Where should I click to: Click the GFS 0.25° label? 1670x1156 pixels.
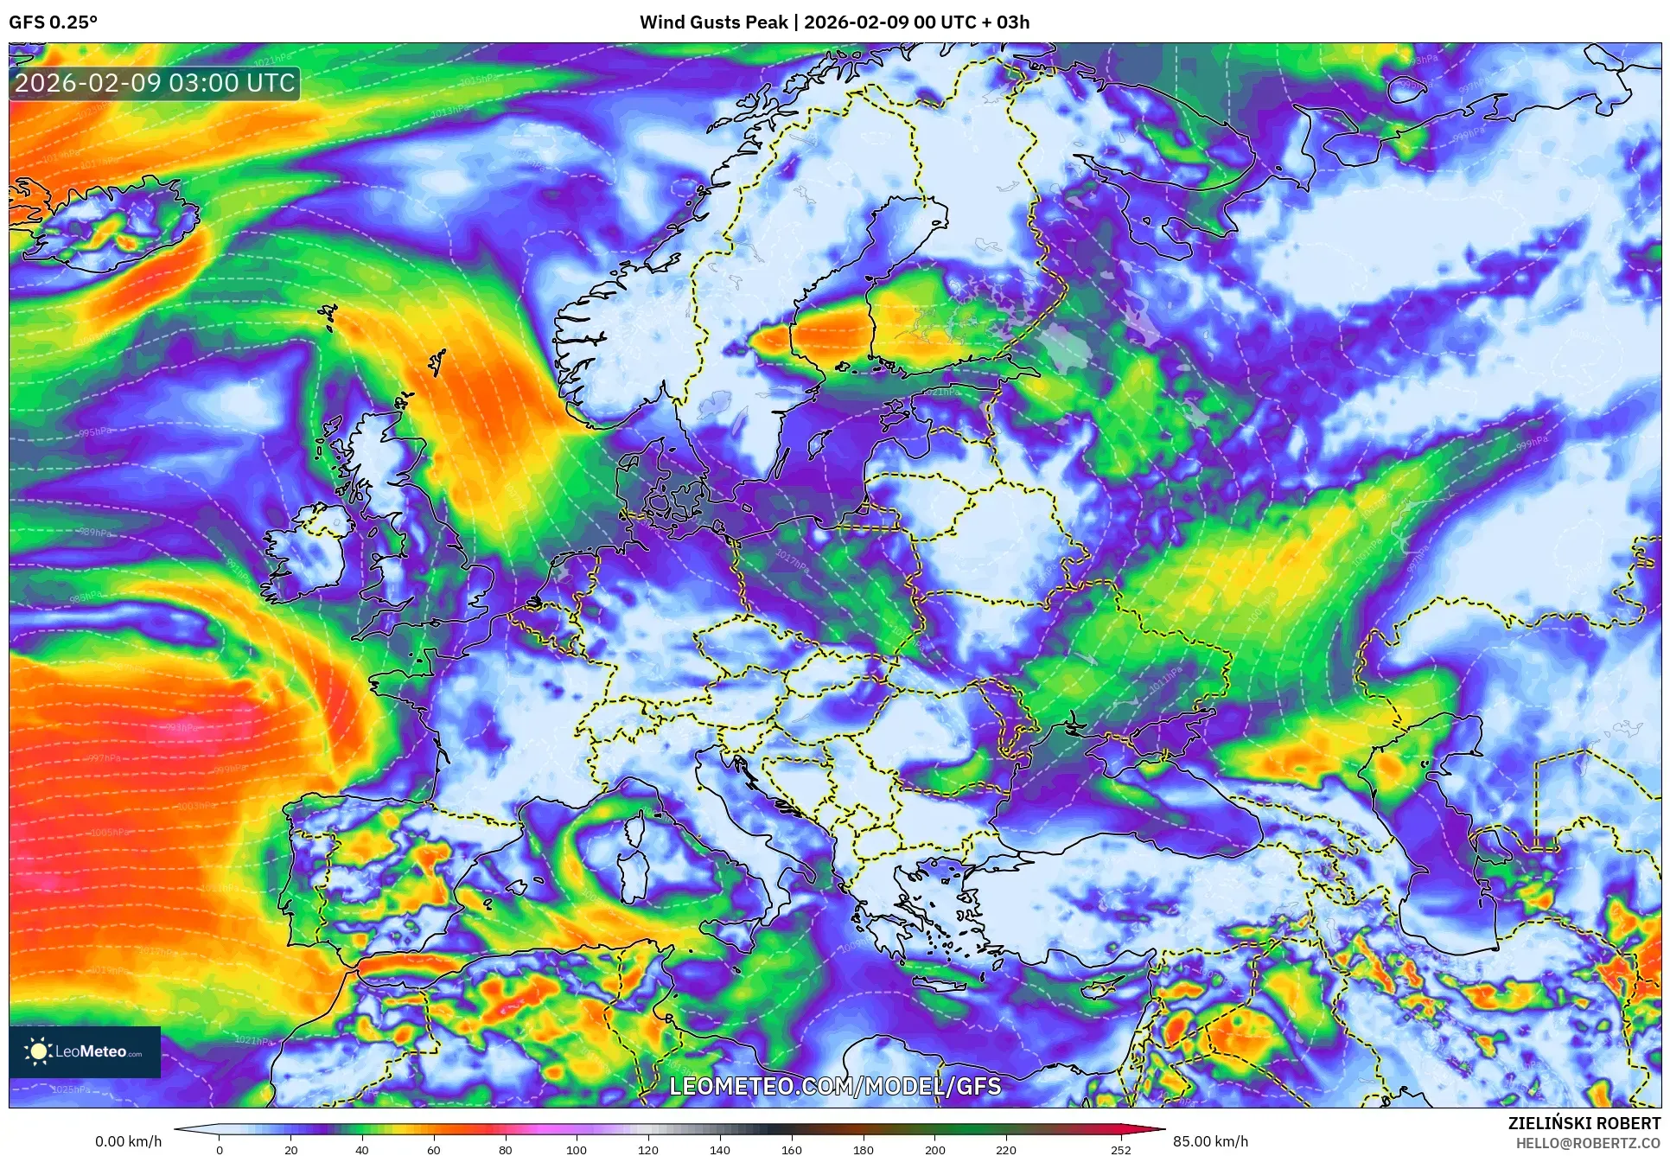click(x=53, y=22)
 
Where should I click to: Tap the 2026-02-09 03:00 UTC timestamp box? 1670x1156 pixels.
click(x=155, y=84)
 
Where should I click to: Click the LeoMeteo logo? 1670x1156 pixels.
click(x=85, y=1051)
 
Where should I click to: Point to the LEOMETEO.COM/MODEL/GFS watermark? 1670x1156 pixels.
click(x=835, y=1086)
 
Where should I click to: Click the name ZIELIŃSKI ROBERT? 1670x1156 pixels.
click(x=1584, y=1123)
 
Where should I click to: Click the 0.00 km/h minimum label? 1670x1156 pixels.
click(x=128, y=1141)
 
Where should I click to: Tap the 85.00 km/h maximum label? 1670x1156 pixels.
click(x=1210, y=1141)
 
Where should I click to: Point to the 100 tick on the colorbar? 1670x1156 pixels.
click(x=577, y=1150)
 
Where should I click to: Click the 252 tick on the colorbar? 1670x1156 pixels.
click(x=1121, y=1150)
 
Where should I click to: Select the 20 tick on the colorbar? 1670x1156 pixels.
click(x=291, y=1150)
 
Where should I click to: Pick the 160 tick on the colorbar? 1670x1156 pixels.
click(x=791, y=1150)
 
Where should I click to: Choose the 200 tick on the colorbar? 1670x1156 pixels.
click(x=934, y=1150)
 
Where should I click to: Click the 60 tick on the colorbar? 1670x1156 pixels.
click(x=434, y=1150)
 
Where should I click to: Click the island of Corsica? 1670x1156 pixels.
click(x=635, y=831)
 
